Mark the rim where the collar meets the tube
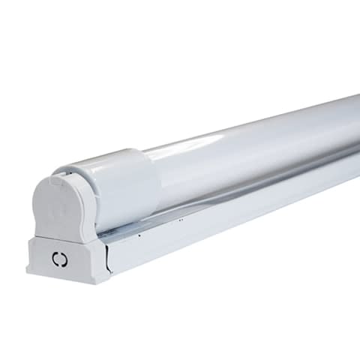tap(154, 176)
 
